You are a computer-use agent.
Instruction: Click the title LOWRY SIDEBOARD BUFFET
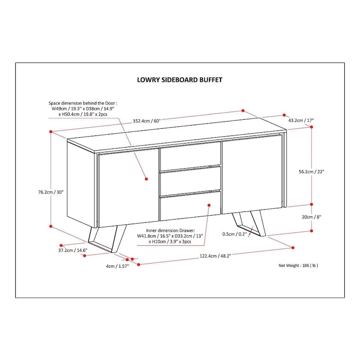pos(180,80)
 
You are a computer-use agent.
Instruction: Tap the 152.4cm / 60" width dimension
pos(147,120)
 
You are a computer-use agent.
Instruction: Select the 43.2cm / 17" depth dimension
pos(301,120)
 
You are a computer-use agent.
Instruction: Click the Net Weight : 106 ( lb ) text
pos(298,265)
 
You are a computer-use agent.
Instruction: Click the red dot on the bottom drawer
pos(209,205)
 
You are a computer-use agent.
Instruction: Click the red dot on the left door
pos(147,179)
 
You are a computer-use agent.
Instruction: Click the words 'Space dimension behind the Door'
pos(82,103)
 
